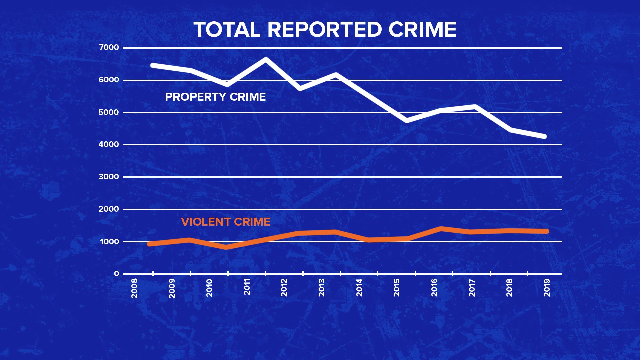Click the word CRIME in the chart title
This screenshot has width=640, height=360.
point(422,30)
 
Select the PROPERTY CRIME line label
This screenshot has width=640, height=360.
point(215,97)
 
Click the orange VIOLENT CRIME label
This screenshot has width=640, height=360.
point(226,222)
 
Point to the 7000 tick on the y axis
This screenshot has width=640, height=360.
point(109,48)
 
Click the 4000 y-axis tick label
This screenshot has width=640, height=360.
point(109,145)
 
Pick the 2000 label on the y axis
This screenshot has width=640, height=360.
point(109,209)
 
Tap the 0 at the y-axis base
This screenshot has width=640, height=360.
point(116,274)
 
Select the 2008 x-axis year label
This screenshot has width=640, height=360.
point(134,288)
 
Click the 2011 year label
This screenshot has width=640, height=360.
point(247,287)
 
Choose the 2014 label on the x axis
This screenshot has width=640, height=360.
point(359,288)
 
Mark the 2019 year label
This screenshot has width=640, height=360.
point(547,288)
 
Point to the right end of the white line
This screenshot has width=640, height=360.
point(545,136)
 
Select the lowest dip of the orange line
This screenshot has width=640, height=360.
point(227,247)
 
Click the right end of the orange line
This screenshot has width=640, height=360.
point(547,231)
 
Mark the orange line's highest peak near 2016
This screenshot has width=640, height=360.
point(441,229)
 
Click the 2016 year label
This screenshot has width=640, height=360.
point(434,288)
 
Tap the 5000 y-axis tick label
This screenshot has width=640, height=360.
point(109,113)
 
